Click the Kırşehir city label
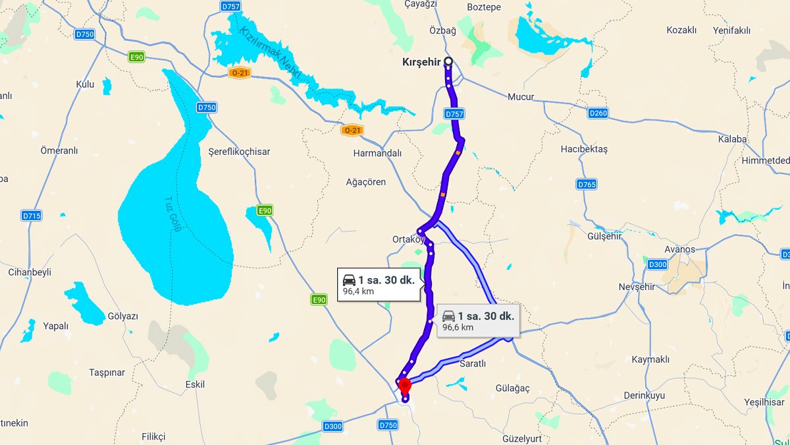coord(421,63)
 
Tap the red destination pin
coord(404,385)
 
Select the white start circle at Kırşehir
coord(448,61)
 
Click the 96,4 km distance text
coord(358,291)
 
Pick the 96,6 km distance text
coord(458,327)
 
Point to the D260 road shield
coord(598,113)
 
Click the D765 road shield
coord(587,185)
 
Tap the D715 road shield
coord(32,216)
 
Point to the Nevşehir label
coord(637,287)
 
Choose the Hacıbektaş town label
coord(584,150)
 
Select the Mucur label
coord(520,97)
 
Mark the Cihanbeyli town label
coord(30,272)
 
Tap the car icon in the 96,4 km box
coord(349,280)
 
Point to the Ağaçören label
coord(366,182)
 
